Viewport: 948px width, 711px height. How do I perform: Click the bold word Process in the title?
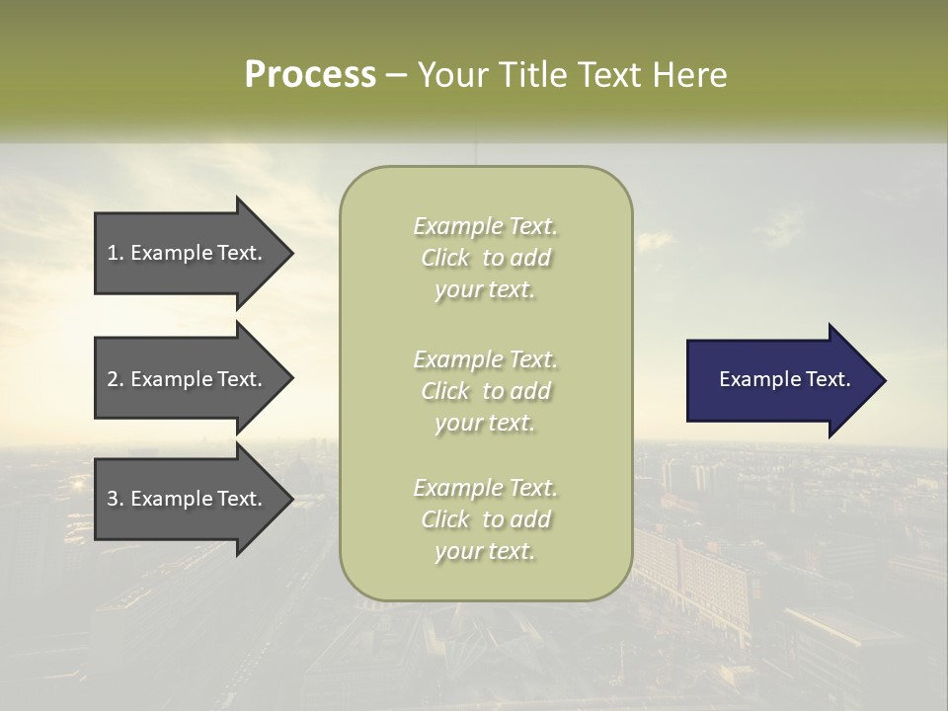310,75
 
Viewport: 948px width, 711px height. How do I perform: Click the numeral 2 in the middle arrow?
113,379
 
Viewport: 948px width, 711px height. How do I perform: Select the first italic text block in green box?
486,258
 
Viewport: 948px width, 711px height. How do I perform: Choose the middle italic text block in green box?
486,391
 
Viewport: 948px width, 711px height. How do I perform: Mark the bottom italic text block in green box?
486,519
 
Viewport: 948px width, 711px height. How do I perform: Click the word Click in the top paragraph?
445,258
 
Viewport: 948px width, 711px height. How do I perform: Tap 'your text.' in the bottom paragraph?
485,551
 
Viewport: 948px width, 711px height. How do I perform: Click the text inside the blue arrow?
785,379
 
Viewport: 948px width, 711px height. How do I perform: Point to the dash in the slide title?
396,75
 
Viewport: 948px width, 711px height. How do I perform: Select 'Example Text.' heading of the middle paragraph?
486,359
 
